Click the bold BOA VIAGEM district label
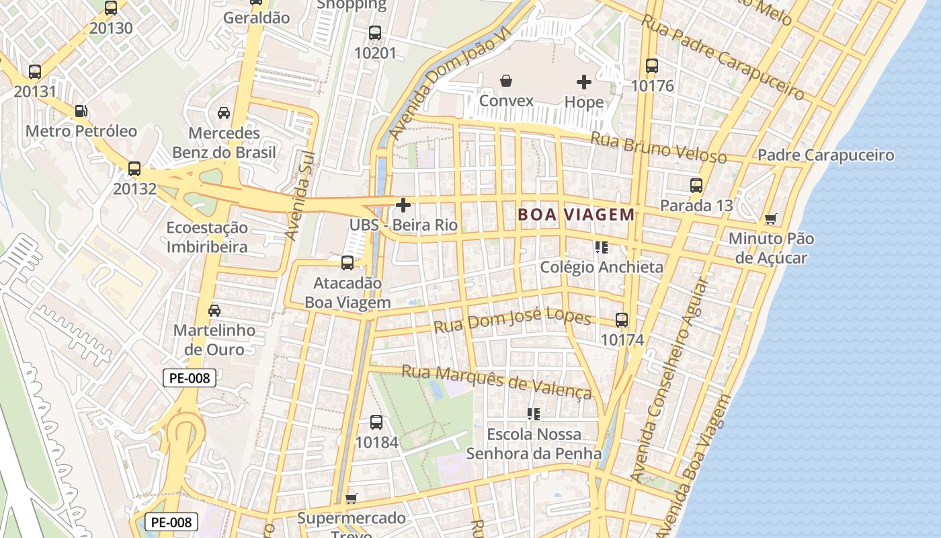point(576,215)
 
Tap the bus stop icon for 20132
point(134,169)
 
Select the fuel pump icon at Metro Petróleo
point(81,111)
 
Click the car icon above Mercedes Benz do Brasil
point(224,113)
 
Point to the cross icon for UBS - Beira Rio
point(403,204)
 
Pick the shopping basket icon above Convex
point(506,81)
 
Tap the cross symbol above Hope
point(584,82)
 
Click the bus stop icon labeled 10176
point(652,66)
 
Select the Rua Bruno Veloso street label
point(658,148)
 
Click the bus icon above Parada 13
point(696,185)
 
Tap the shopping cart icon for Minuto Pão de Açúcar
point(771,219)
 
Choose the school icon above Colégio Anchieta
point(601,247)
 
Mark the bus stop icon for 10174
point(622,320)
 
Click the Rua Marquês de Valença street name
point(497,381)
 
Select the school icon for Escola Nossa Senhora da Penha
point(534,414)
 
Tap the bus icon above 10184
point(376,422)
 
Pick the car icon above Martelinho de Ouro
point(214,311)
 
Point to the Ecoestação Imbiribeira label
point(207,237)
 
